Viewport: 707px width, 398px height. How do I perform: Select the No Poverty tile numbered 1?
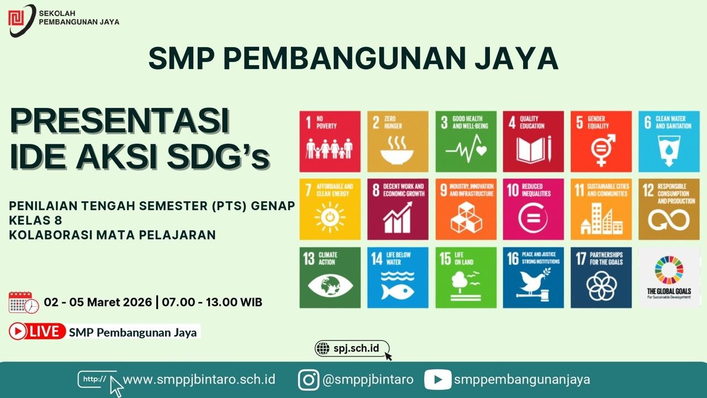330,142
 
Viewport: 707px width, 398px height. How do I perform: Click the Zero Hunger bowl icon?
397,150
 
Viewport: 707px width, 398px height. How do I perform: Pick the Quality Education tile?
533,142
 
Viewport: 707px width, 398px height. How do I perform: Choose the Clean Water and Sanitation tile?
668,142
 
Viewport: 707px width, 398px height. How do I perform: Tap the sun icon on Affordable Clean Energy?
330,217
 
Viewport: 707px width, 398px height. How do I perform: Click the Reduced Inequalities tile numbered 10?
533,209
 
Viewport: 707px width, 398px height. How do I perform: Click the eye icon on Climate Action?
330,286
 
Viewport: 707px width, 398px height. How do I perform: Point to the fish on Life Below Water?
397,291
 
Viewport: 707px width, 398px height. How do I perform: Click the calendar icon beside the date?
23,302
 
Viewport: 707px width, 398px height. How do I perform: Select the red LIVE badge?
37,331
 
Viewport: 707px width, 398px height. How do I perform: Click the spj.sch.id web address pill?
352,348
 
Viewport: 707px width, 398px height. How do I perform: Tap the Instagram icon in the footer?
309,380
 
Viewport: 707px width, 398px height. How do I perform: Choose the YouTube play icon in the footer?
437,380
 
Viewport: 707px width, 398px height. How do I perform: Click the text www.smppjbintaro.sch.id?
199,380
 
